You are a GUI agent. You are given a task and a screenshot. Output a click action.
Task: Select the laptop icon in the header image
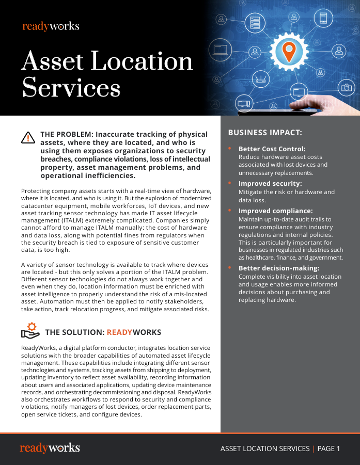pos(220,50)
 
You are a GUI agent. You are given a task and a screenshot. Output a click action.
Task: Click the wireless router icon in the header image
pos(260,79)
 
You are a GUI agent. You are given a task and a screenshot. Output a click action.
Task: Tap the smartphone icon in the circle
pos(324,19)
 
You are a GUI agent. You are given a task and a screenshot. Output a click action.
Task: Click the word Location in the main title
pos(142,61)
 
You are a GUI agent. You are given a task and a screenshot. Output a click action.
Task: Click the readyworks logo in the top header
pos(51,26)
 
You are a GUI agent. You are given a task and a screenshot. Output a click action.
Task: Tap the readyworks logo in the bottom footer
pos(50,448)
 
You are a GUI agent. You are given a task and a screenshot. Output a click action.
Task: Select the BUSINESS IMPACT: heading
pos(265,133)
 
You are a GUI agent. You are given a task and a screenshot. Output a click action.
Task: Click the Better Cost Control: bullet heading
pos(272,149)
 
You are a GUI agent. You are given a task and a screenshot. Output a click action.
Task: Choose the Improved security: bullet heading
pos(270,183)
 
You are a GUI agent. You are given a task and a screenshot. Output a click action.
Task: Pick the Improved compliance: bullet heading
pos(275,211)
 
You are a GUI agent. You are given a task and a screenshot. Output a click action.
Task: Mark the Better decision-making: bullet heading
pos(279,268)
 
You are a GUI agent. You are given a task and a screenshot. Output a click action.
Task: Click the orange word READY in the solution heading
pos(119,332)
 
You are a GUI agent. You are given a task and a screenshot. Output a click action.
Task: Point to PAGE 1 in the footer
pos(328,448)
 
